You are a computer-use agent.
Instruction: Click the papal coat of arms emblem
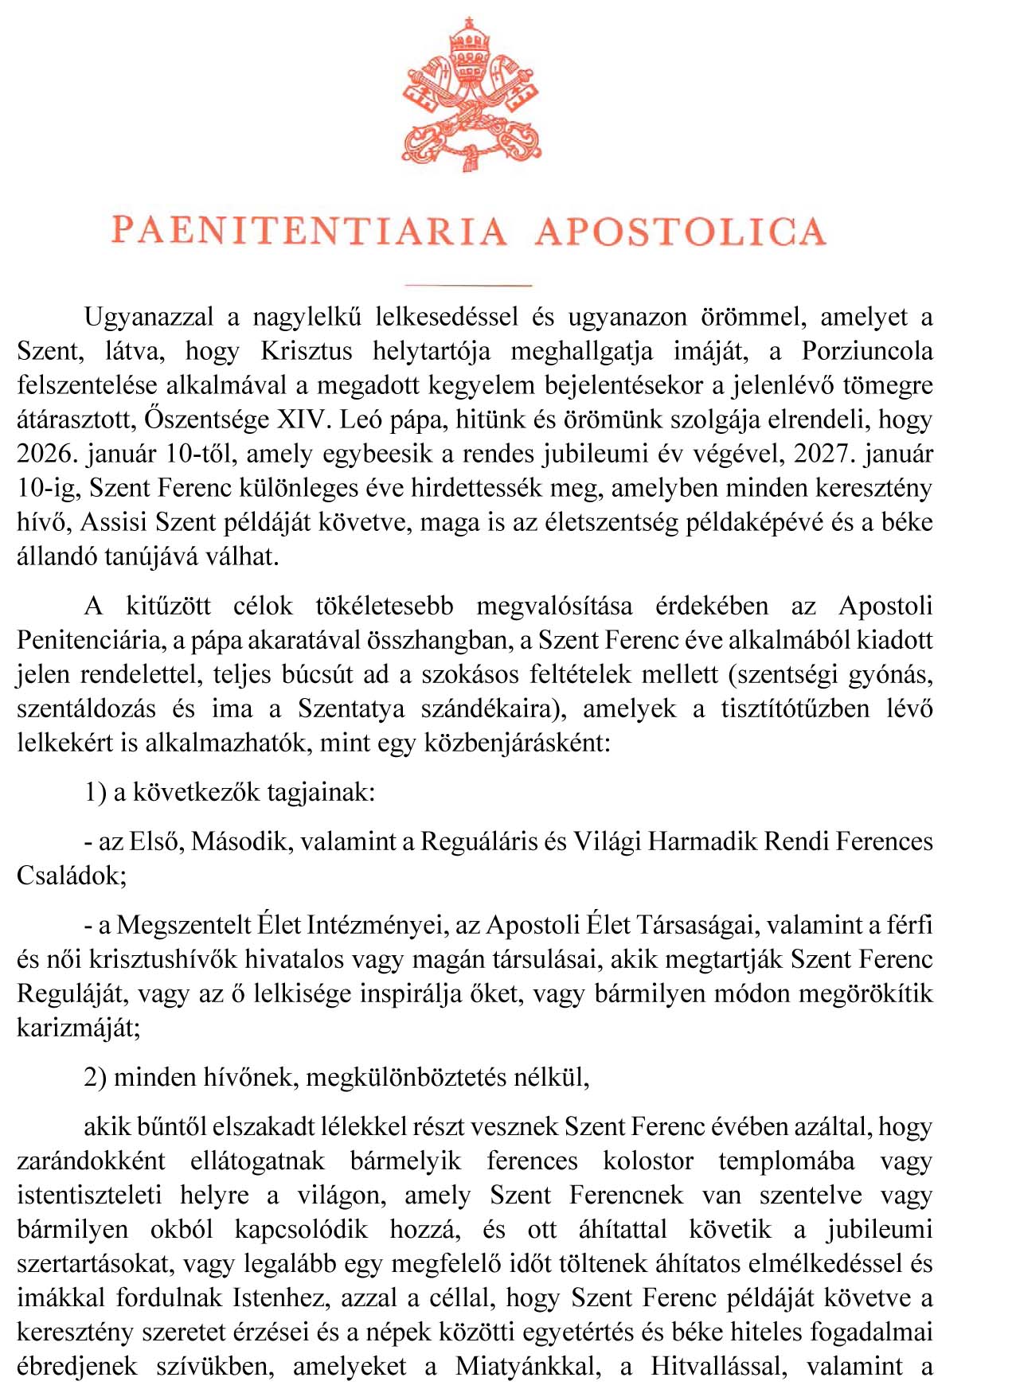tap(471, 95)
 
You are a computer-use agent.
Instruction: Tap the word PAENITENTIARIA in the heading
tap(309, 232)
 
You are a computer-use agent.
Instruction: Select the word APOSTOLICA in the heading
tap(681, 232)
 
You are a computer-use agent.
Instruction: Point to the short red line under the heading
tap(468, 284)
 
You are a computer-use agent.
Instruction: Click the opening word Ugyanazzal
tap(149, 318)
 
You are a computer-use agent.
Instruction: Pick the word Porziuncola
tap(867, 352)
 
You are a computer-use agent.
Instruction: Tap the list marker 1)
tap(96, 793)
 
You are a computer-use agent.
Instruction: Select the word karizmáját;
tap(78, 1028)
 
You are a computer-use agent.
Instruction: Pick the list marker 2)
tap(96, 1078)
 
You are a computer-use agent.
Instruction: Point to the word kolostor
tap(648, 1161)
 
